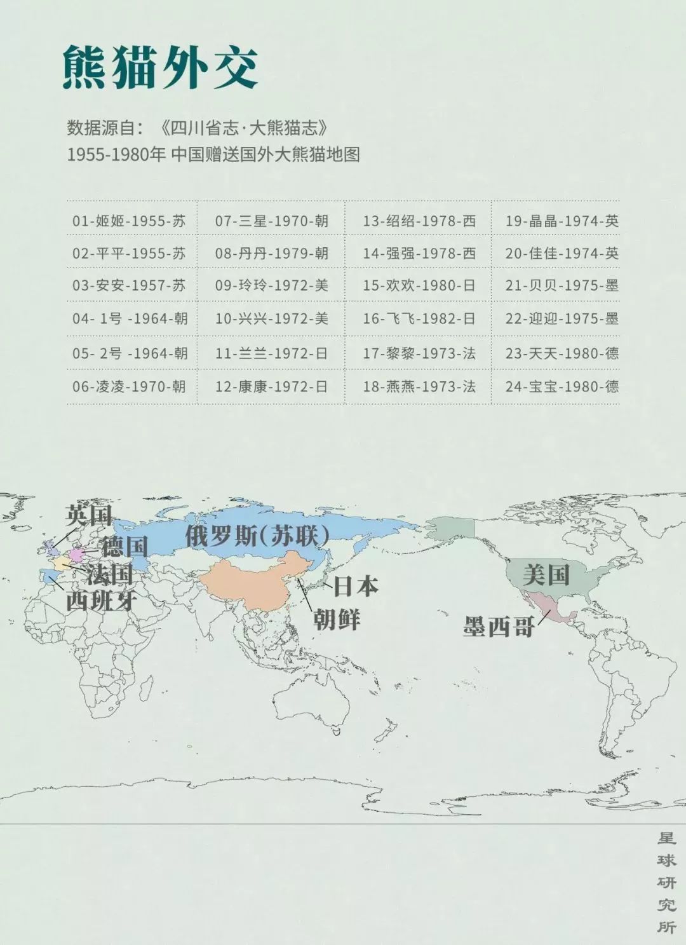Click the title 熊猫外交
[160, 67]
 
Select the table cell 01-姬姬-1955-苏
[129, 221]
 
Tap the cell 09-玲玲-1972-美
[271, 285]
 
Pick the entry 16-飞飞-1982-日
[419, 318]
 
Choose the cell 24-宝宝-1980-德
[562, 386]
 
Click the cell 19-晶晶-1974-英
[562, 221]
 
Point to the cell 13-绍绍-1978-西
[419, 221]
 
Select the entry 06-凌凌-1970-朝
[129, 386]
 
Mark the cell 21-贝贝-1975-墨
[562, 285]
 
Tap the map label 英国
[89, 515]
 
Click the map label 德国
[124, 546]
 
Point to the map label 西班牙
[100, 601]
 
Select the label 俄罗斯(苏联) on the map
[257, 536]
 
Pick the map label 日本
[356, 586]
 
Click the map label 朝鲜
[337, 618]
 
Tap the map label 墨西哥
[499, 627]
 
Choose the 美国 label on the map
[546, 575]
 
